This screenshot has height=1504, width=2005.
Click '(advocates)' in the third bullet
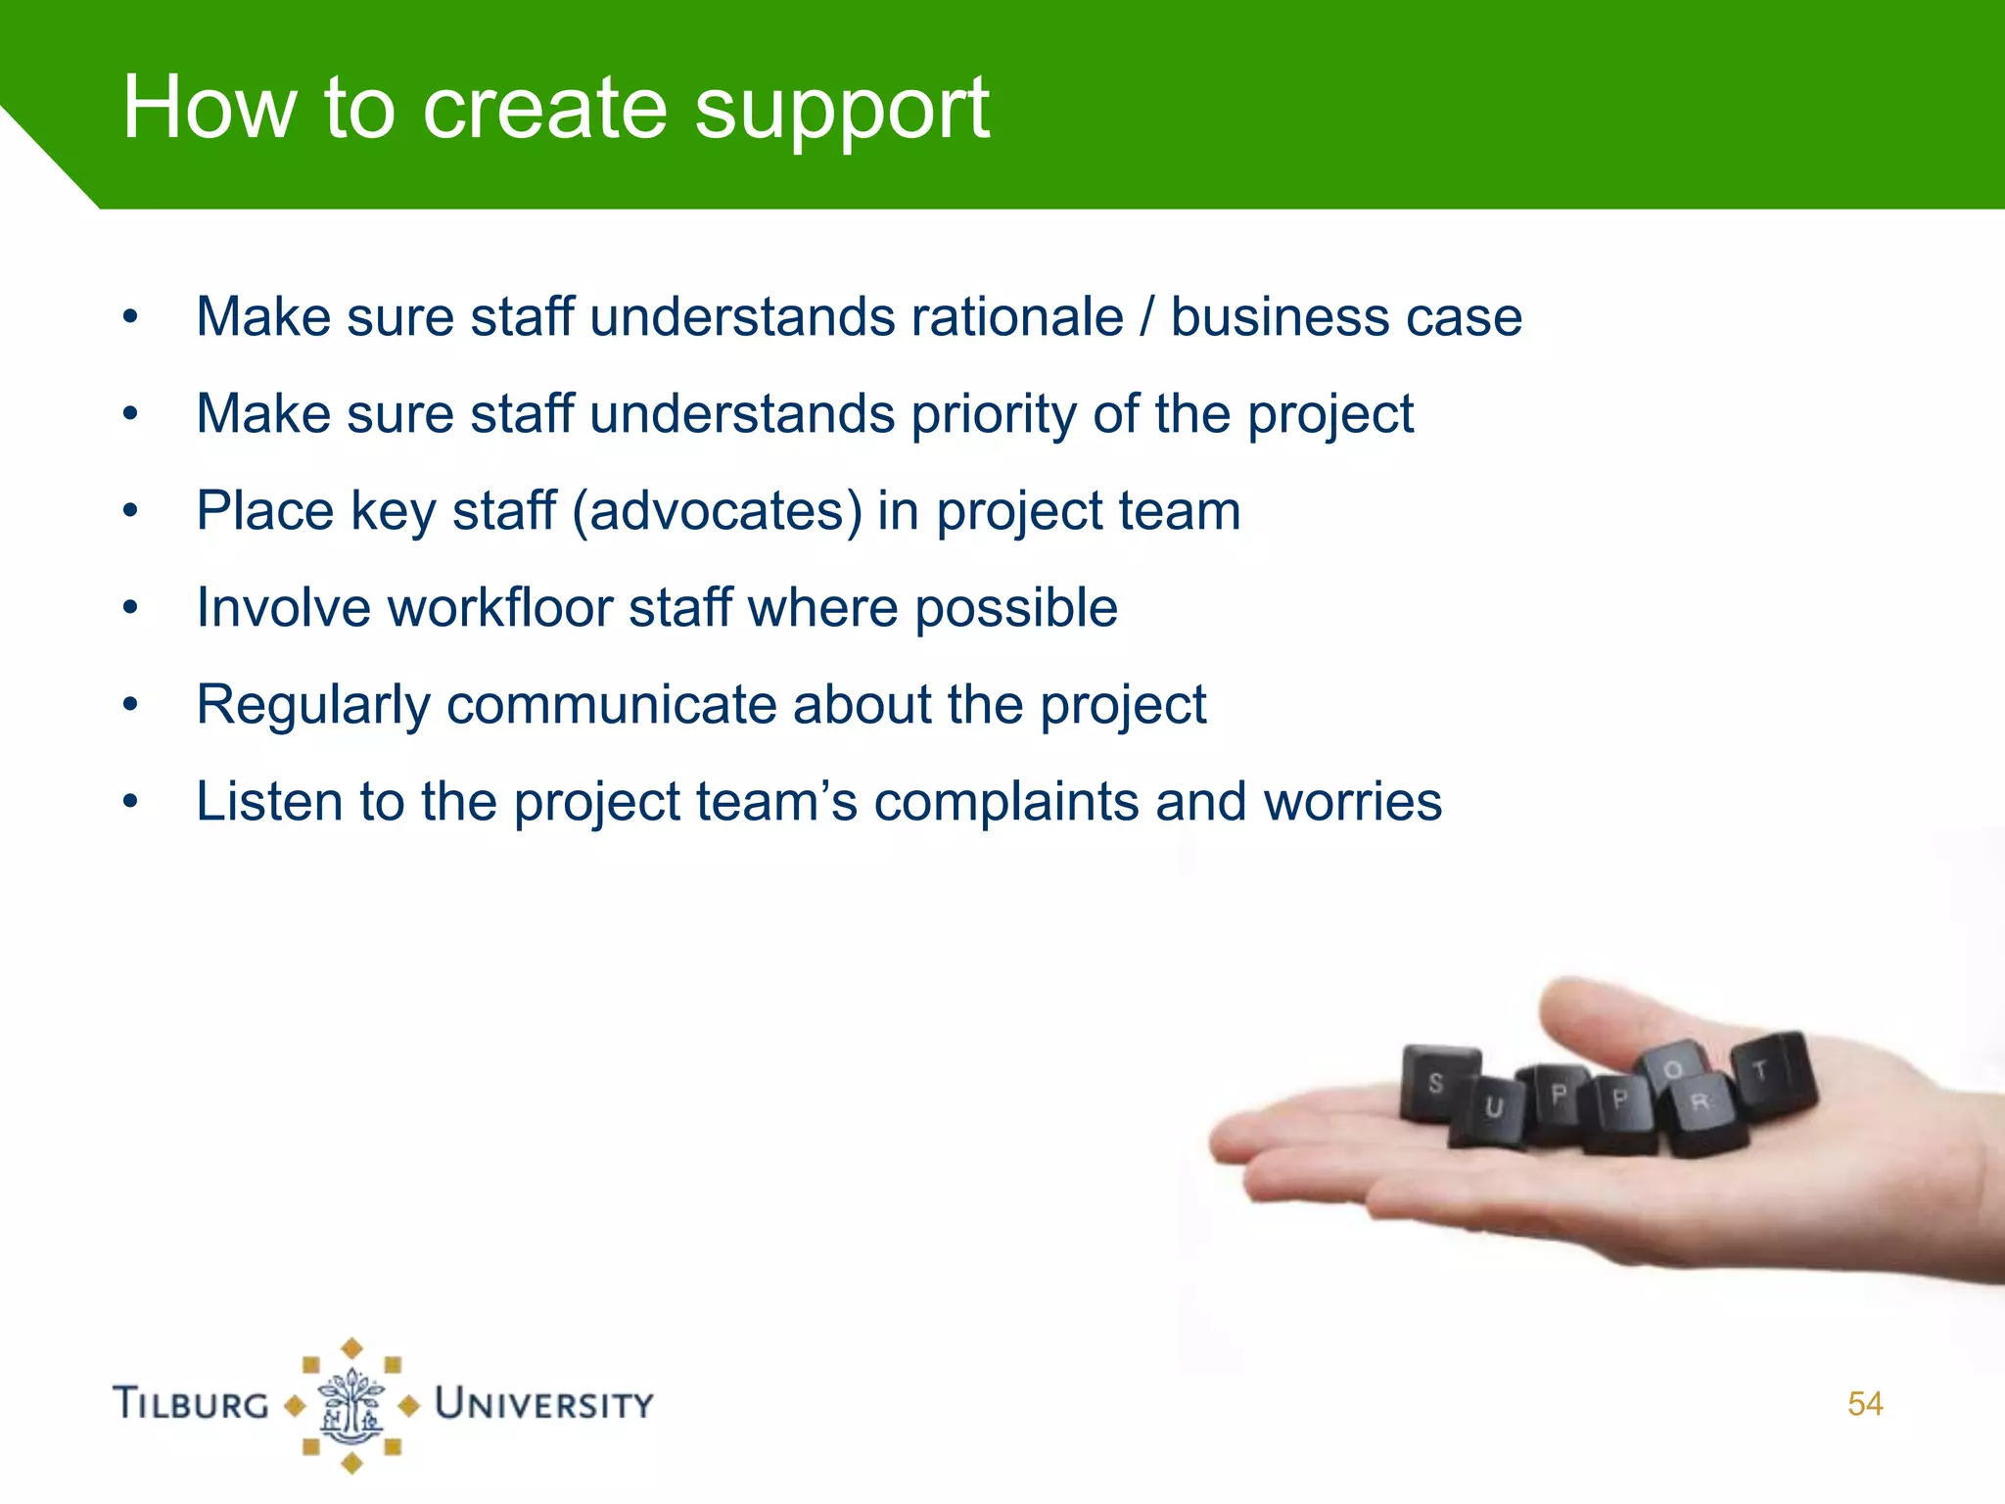(718, 511)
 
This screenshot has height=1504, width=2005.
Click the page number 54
(1864, 1404)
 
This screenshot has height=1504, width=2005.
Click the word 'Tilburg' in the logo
(191, 1404)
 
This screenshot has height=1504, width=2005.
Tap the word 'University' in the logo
(544, 1404)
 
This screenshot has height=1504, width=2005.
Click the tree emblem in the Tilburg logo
(351, 1406)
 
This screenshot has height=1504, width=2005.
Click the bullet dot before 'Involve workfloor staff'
(131, 608)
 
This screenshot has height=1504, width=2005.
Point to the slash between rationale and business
(1146, 317)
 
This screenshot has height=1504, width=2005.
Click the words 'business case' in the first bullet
(1346, 317)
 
